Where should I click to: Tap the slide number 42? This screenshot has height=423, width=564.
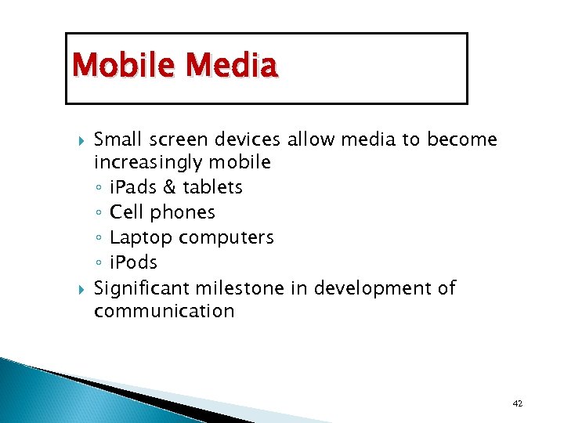517,403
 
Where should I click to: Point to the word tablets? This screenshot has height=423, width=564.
212,187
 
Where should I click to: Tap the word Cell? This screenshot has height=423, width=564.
127,212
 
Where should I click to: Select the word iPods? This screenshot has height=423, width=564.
134,262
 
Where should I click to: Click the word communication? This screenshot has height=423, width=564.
164,312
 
